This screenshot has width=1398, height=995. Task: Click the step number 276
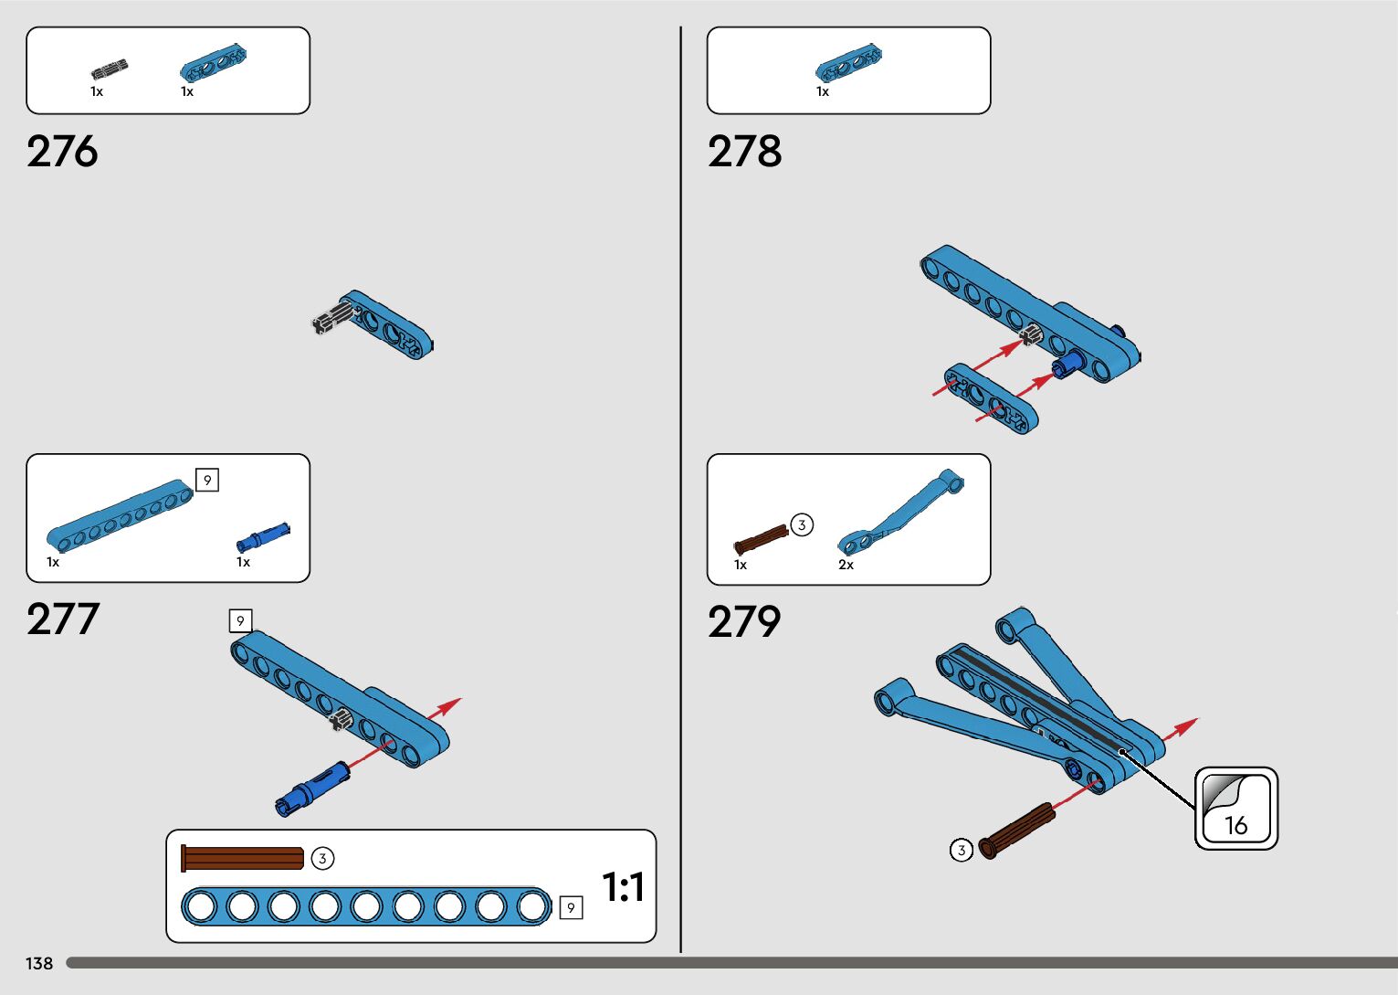[x=62, y=152]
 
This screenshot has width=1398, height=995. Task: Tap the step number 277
[x=62, y=619]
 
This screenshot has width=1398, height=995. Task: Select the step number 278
[x=744, y=152]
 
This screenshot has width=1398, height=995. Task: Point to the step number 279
[x=744, y=622]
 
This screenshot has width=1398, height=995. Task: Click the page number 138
[x=39, y=964]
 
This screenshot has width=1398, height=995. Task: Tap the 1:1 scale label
[x=623, y=887]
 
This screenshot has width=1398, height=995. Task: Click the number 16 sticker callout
[x=1236, y=809]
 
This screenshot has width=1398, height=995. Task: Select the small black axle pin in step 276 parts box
[x=109, y=69]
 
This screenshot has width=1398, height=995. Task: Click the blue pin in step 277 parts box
[x=263, y=536]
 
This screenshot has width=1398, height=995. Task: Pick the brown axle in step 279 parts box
[x=761, y=540]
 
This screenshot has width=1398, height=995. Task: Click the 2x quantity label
[x=846, y=565]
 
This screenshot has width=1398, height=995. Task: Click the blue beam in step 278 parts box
[x=848, y=62]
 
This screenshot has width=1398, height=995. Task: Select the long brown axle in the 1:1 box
[x=243, y=858]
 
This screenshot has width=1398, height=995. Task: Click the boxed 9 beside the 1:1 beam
[x=571, y=907]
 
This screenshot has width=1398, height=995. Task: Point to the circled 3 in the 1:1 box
[x=322, y=859]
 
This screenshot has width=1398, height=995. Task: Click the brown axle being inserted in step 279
[x=1016, y=831]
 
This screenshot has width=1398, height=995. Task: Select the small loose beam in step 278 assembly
[x=991, y=397]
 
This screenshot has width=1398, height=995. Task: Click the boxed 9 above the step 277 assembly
[x=240, y=621]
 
